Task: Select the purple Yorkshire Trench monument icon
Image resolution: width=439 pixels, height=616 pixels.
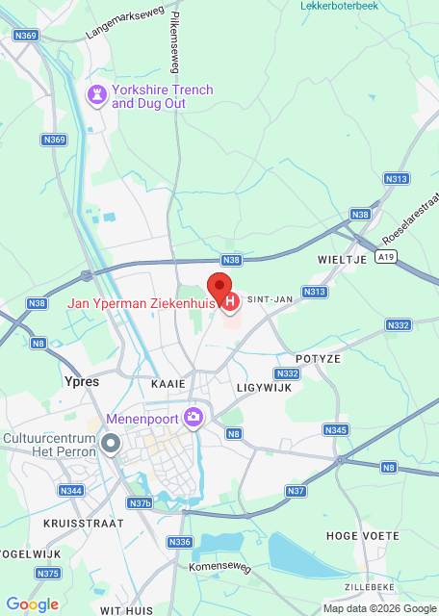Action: pos(97,95)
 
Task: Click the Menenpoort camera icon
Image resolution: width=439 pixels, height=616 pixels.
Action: pos(195,416)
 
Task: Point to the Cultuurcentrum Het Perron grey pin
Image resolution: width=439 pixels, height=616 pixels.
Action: pos(111,445)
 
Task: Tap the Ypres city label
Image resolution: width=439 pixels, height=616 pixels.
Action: pos(81,381)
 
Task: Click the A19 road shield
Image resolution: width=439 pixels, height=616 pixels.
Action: pos(386,256)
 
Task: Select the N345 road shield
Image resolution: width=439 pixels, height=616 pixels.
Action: pos(335,429)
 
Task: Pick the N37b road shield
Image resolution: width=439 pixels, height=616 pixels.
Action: pos(140,503)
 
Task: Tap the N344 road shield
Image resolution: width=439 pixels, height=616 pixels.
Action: pos(71,491)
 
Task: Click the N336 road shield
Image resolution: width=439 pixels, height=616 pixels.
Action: pos(180,542)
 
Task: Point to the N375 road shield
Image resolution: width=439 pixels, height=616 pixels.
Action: pos(47,574)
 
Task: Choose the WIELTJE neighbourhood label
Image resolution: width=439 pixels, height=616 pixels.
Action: pos(340,260)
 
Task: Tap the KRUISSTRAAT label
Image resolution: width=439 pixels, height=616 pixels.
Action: pos(84,523)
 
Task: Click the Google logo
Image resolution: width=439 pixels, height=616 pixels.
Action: pos(32,603)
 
